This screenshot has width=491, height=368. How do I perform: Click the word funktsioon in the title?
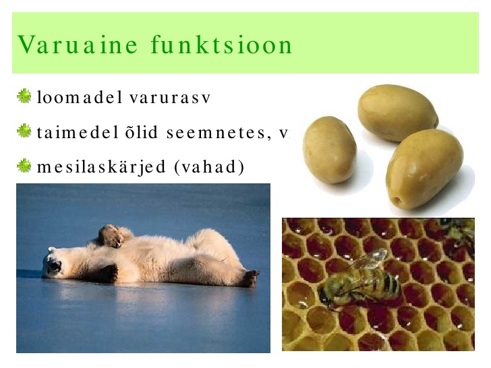[221, 44]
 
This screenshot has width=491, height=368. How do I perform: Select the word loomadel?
[80, 96]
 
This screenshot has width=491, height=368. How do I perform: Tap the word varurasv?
[170, 98]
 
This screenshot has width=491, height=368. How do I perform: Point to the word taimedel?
[78, 131]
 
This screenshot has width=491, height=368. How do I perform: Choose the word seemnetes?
[219, 133]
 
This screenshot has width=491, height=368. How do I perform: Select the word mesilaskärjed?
[101, 166]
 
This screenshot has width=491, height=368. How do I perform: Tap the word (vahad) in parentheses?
[209, 166]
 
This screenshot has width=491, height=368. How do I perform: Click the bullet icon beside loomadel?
[24, 96]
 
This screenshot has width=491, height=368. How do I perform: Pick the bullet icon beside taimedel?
[24, 131]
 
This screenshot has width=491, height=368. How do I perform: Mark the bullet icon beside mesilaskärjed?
[24, 166]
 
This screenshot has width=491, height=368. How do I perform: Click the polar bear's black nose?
[56, 266]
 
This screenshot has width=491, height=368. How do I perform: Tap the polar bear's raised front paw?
[109, 237]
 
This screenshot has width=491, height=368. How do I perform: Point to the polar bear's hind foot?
[250, 278]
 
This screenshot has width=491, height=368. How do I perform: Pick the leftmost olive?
[329, 150]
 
